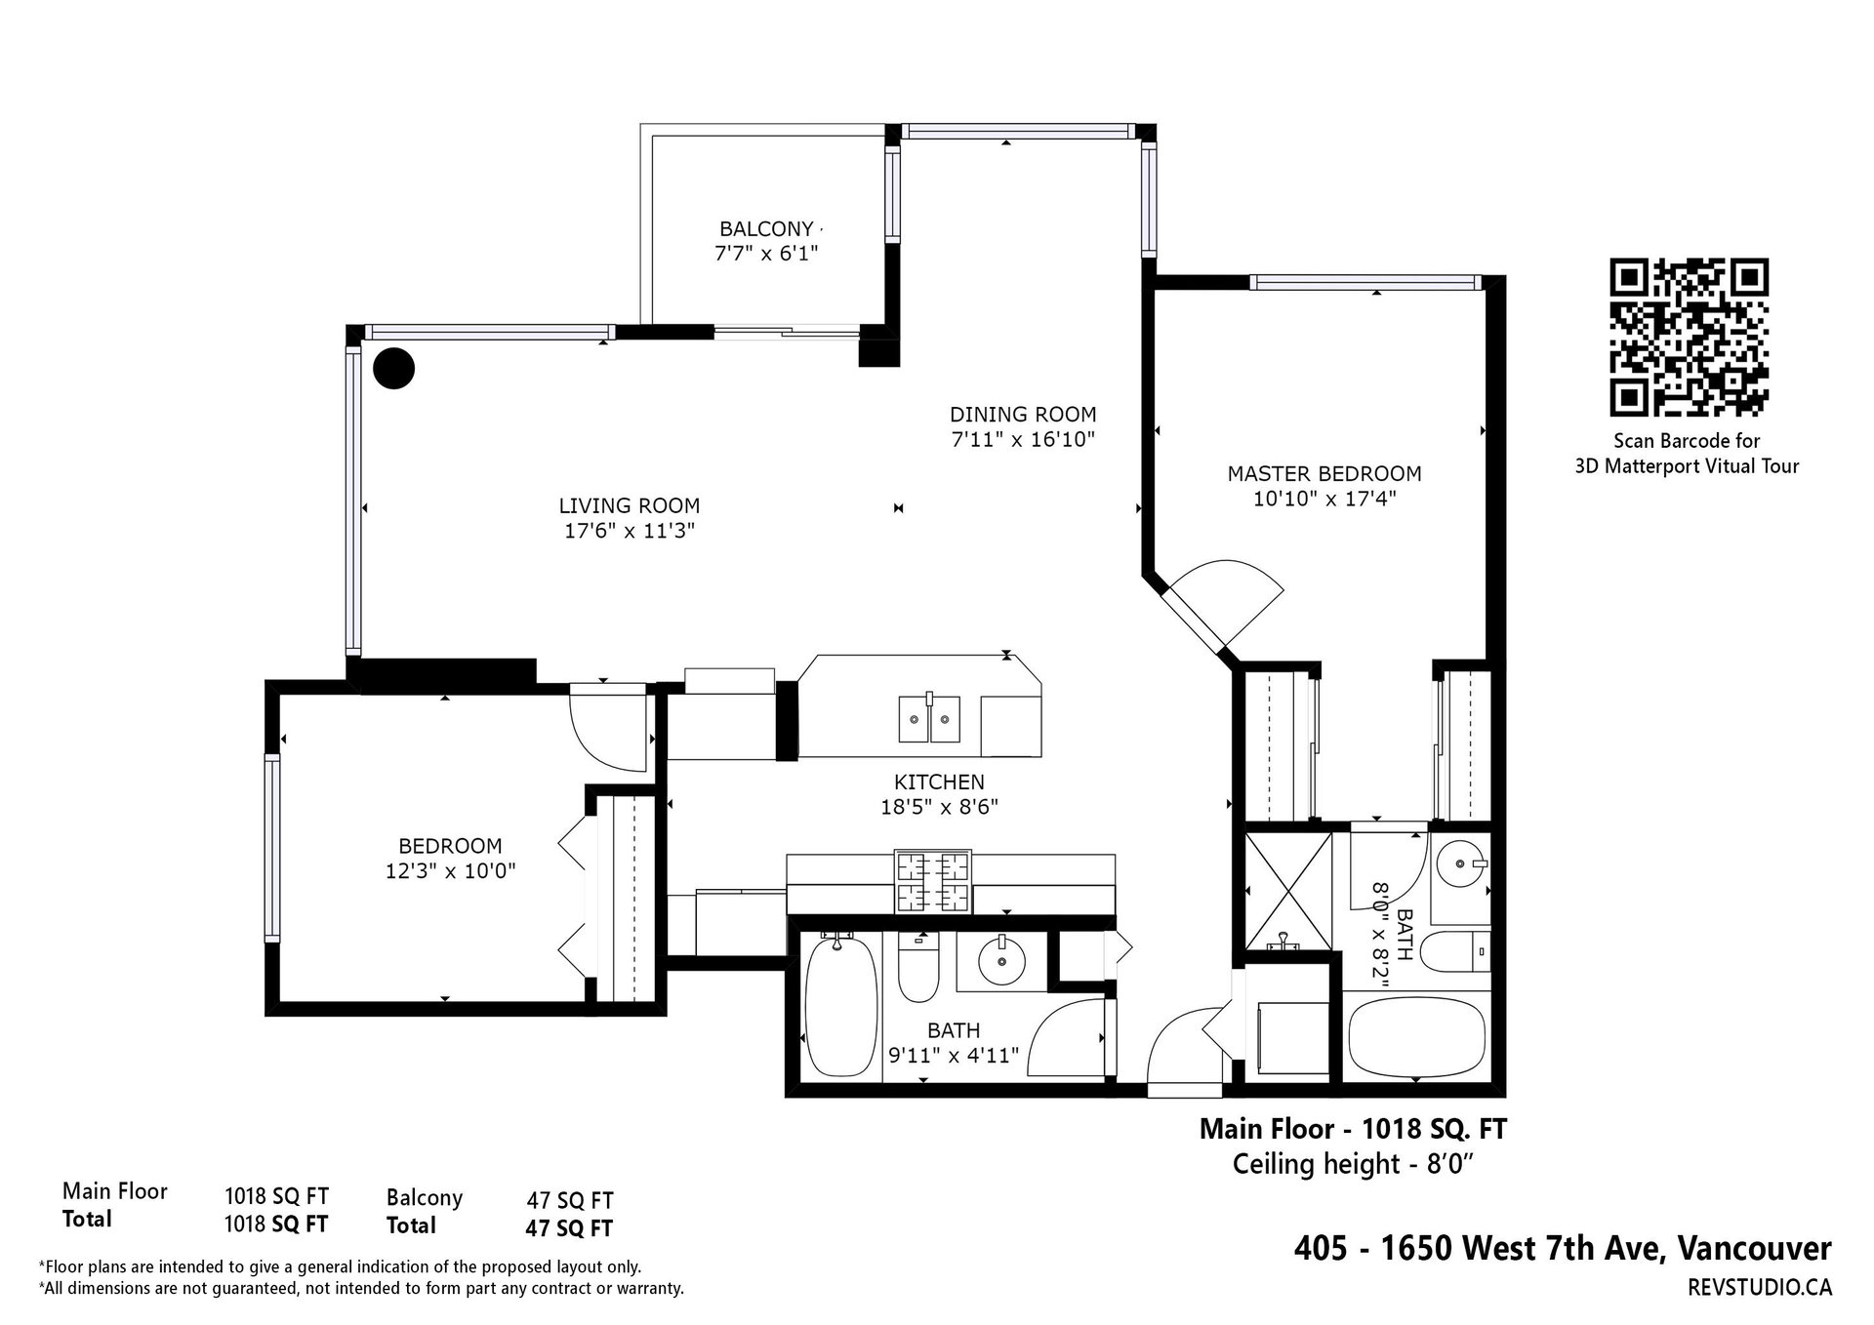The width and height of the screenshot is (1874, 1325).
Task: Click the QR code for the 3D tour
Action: [x=1688, y=337]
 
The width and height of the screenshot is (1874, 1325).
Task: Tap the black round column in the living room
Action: [x=394, y=369]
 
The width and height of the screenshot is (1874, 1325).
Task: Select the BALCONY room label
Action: [x=766, y=229]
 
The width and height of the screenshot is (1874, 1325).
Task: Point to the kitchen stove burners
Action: [x=932, y=883]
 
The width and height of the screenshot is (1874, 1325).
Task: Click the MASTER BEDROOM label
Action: [x=1324, y=474]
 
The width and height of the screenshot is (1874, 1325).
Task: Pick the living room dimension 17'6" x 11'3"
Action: [x=629, y=532]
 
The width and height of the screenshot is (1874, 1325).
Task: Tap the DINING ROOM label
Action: [x=1023, y=415]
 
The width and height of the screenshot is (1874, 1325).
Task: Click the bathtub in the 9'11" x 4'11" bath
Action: [x=839, y=1005]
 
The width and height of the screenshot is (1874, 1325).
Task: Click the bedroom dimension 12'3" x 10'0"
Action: [x=450, y=870]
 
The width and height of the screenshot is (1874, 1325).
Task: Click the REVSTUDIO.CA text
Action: [x=1759, y=1288]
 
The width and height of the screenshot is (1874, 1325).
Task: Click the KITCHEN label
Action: [x=939, y=783]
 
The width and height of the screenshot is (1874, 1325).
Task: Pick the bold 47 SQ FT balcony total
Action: [x=569, y=1228]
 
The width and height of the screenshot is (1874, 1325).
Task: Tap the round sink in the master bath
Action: [x=1463, y=863]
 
